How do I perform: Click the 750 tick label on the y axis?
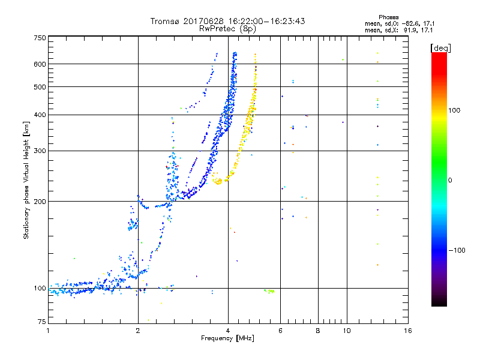39,38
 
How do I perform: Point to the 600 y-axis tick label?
39,64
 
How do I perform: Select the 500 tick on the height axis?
39,87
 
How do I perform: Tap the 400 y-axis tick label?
39,115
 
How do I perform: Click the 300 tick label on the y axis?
39,151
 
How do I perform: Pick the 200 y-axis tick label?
39,202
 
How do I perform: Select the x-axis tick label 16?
407,331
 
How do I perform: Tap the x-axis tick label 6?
281,331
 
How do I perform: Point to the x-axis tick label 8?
318,331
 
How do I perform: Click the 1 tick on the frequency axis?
49,331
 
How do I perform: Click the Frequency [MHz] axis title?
227,339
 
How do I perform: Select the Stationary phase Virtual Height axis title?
26,180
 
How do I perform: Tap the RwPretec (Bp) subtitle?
228,28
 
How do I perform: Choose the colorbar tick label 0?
450,180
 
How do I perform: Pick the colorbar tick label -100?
457,250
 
